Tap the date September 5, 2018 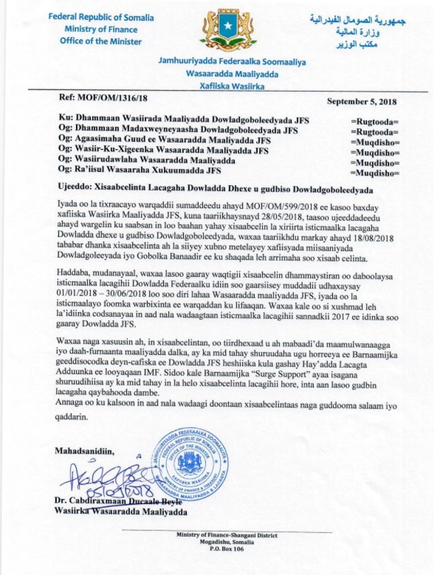pos(362,102)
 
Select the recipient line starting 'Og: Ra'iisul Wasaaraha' pos(141,170)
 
